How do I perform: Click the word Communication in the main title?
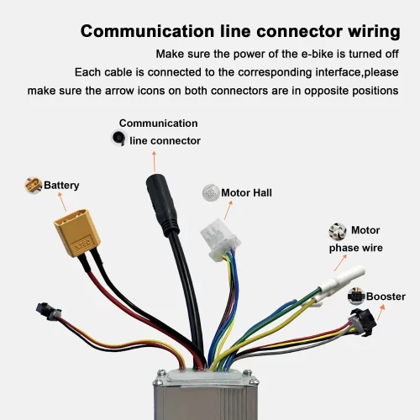143,33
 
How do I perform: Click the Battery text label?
61,185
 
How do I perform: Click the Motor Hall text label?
246,192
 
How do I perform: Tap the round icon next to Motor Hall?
210,192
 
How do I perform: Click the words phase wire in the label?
355,248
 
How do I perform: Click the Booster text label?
386,297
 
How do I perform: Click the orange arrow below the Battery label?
60,202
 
